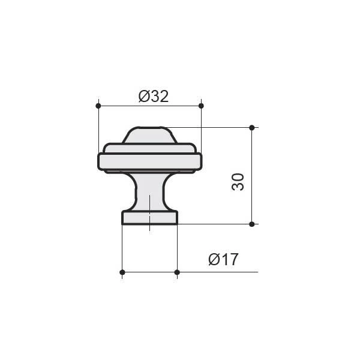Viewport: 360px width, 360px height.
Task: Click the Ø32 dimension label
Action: pyautogui.click(x=154, y=97)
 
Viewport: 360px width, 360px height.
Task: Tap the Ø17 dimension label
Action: pyautogui.click(x=223, y=259)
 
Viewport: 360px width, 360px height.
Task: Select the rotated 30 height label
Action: pyautogui.click(x=238, y=182)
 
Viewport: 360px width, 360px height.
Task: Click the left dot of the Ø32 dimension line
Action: pyautogui.click(x=98, y=106)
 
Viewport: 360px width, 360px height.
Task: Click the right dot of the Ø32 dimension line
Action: pyautogui.click(x=201, y=106)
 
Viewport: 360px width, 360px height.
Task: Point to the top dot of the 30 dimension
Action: pyautogui.click(x=252, y=127)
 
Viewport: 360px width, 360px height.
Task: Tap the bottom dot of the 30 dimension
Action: pyautogui.click(x=252, y=224)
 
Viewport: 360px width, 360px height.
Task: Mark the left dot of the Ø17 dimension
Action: pyautogui.click(x=122, y=272)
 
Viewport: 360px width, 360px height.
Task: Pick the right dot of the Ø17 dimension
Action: pyautogui.click(x=177, y=272)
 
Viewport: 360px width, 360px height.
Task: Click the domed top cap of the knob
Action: pyautogui.click(x=149, y=136)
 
